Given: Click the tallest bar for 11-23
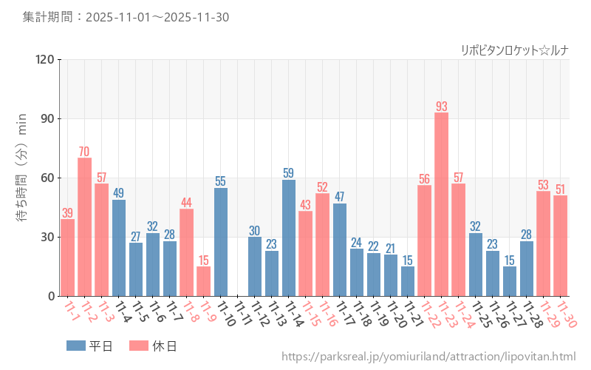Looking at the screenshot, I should click(441, 204).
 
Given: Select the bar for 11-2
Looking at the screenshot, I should click(85, 226).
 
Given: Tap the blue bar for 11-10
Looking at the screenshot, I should click(221, 242).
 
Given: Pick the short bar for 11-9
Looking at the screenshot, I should click(204, 281).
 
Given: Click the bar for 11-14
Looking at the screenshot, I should click(289, 238).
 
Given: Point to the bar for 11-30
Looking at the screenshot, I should click(561, 246).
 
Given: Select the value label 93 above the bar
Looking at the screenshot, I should click(441, 106).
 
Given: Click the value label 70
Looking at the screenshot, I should click(85, 152).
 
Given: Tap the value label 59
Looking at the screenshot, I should click(289, 173).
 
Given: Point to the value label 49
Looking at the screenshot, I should click(119, 193).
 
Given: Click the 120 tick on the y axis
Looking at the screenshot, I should click(46, 60).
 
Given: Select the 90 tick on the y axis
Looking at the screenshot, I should click(49, 119).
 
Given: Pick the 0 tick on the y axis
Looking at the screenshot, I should click(52, 296).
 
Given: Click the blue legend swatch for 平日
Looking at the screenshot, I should click(76, 345).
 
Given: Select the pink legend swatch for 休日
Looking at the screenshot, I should click(138, 345).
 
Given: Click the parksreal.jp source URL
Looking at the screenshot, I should click(428, 357).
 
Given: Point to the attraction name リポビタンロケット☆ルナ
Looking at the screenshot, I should click(514, 50).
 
